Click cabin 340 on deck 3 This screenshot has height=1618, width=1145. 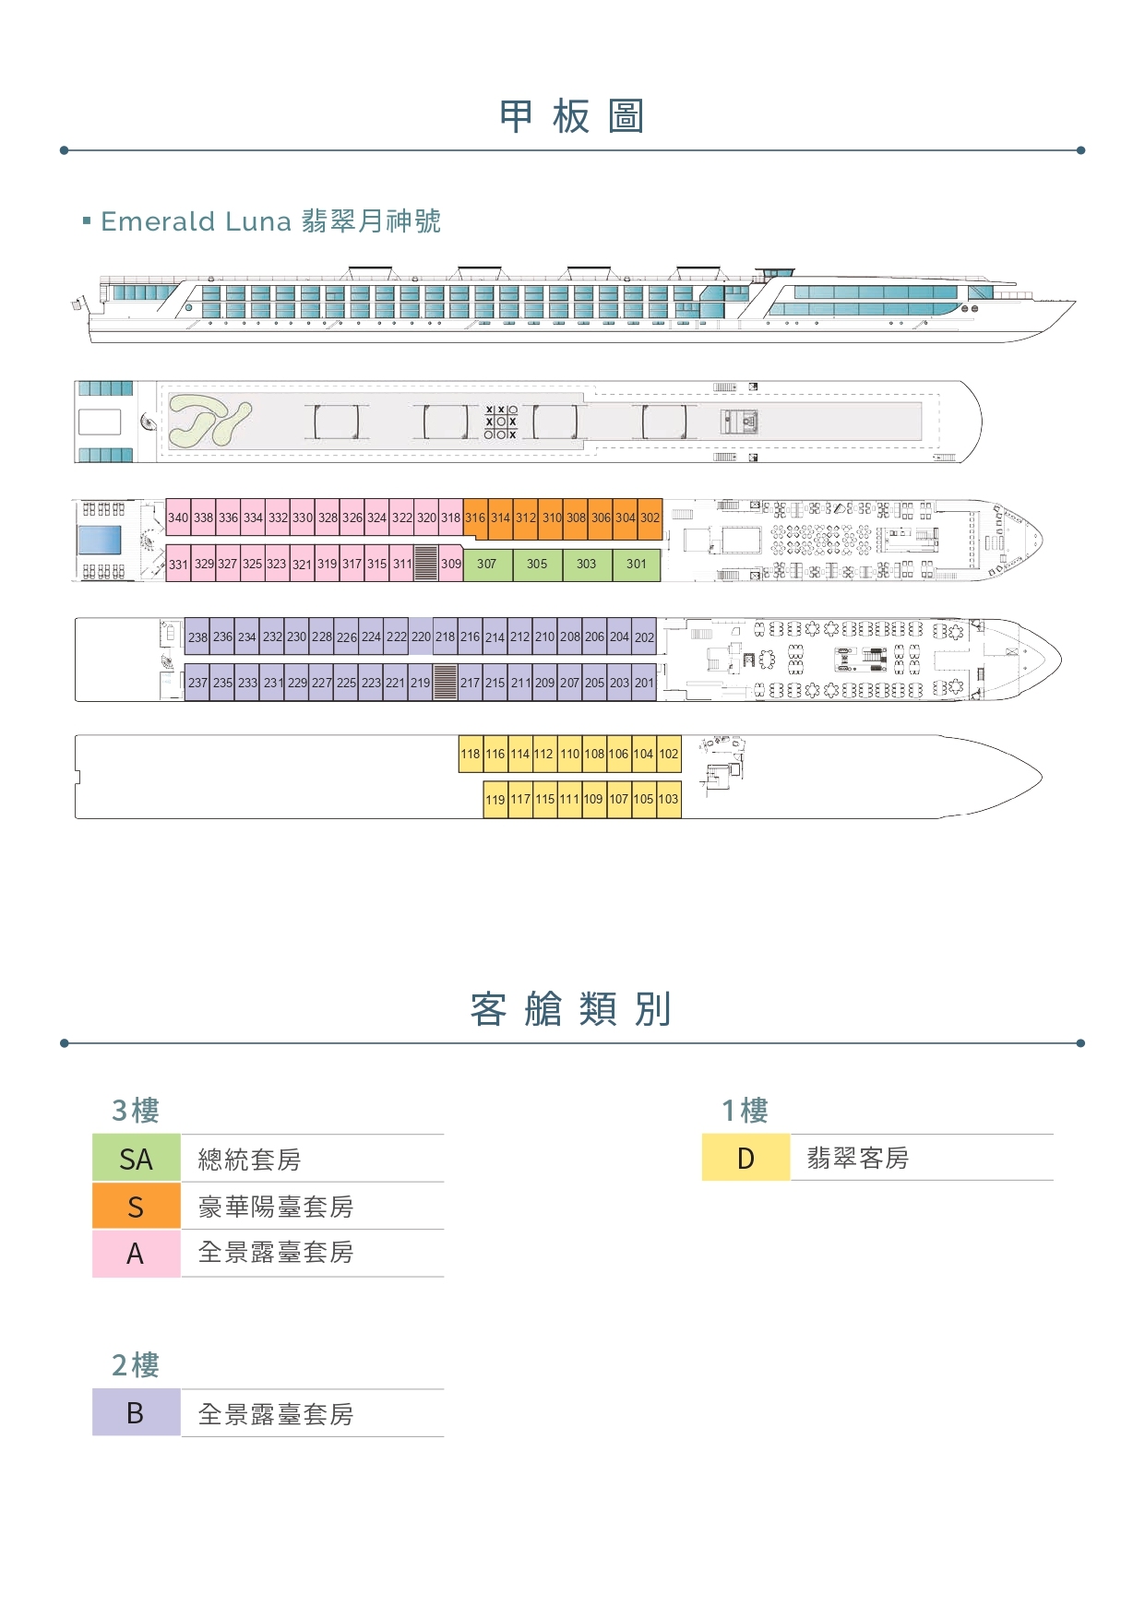pos(178,518)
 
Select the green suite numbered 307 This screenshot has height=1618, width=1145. pos(487,564)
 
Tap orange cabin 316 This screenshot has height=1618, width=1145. pos(475,518)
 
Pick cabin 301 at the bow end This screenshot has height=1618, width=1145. pos(637,564)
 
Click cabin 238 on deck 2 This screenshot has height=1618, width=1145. pos(197,636)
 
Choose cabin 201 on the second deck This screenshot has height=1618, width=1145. pos(644,683)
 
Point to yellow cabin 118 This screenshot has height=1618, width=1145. pos(471,754)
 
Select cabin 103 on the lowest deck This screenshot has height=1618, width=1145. pos(669,799)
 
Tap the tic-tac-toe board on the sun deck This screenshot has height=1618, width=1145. pos(501,422)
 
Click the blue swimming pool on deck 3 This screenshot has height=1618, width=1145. pos(100,540)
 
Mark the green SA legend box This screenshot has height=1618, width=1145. pos(136,1159)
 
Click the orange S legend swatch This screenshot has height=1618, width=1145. pos(136,1207)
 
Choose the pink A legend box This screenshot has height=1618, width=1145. pos(136,1254)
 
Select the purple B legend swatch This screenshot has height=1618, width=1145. pos(136,1413)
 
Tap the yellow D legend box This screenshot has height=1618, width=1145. pos(745,1158)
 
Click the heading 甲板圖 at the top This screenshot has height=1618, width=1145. pos(572,117)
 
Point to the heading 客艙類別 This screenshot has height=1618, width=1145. pos(571,1009)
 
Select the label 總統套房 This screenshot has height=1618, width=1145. pos(249,1160)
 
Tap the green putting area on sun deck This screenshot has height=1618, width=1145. pos(209,422)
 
